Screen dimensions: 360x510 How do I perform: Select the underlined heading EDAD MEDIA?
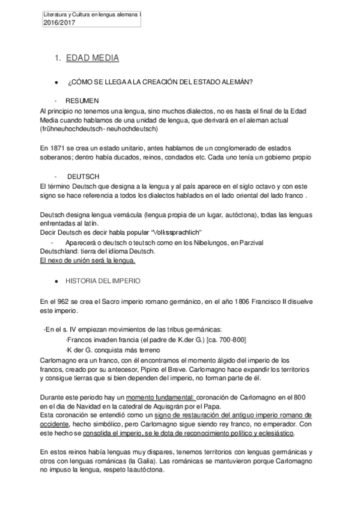pos(93,58)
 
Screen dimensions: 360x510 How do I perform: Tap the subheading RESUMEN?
pos(82,100)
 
